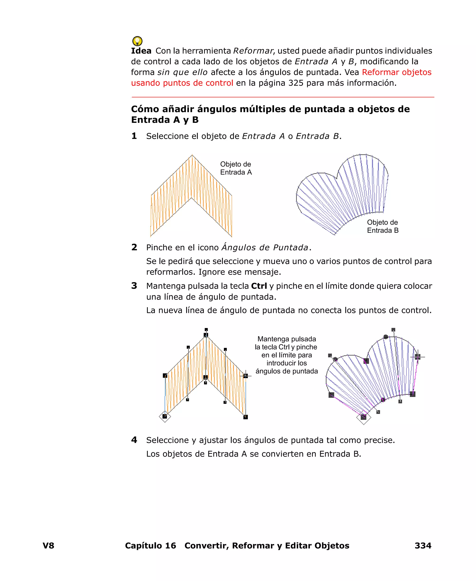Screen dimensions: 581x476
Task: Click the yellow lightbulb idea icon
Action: tap(137, 41)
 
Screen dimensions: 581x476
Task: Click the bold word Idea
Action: tap(141, 51)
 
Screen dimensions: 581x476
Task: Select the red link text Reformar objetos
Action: tap(397, 72)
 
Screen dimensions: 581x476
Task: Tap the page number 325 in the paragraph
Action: tap(296, 83)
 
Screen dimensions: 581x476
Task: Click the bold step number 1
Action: tap(134, 136)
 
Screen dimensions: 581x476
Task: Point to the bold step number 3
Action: tap(134, 286)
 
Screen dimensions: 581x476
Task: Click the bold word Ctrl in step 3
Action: tap(259, 286)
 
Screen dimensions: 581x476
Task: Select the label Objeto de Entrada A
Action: tap(236, 168)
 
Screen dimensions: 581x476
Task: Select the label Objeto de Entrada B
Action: tap(383, 226)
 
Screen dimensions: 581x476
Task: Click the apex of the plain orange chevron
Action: tap(192, 155)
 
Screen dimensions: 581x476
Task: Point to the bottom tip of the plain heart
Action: tap(335, 235)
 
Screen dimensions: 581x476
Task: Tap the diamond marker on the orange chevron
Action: tap(165, 416)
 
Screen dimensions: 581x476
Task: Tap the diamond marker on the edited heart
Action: tap(364, 417)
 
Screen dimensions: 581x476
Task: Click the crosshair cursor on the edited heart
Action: tap(418, 357)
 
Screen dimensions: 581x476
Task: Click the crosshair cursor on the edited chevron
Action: tap(245, 376)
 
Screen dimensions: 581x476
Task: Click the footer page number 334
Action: tap(423, 546)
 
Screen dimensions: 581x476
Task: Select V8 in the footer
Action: tap(49, 546)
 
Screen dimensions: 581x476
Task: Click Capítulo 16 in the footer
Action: tap(151, 546)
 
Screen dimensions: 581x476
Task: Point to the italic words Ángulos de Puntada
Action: tap(265, 248)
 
